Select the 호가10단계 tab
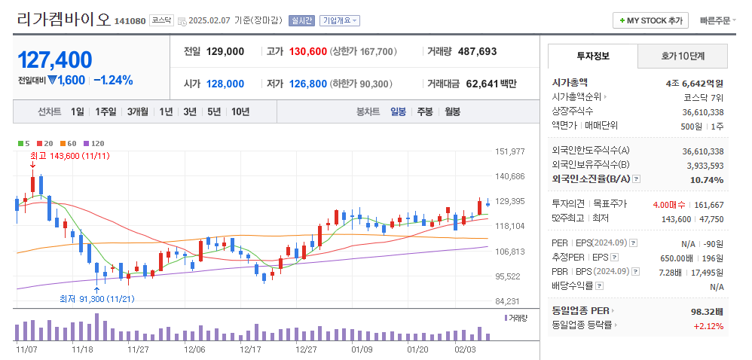[x=683, y=56]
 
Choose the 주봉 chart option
[x=424, y=111]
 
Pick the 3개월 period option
[x=137, y=111]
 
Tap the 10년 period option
[x=240, y=111]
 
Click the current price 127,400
[x=55, y=59]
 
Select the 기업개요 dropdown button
[x=340, y=20]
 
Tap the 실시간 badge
[x=301, y=20]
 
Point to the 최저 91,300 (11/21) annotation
[x=96, y=299]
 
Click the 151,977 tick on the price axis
[x=509, y=151]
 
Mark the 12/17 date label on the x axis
[x=250, y=349]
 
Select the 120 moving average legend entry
[x=94, y=143]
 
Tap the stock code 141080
[x=130, y=21]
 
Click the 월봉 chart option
[x=452, y=111]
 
